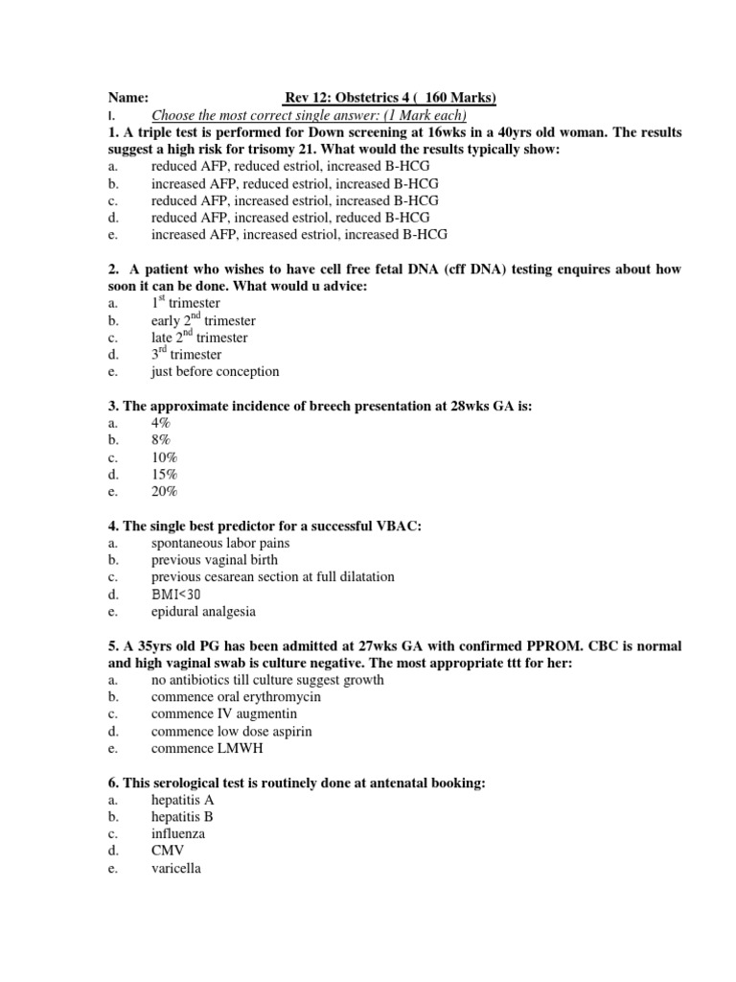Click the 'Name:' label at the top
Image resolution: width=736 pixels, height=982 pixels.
[127, 98]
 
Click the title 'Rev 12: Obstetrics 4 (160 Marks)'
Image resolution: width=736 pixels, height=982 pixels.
[390, 98]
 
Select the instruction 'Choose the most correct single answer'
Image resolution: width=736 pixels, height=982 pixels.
[309, 115]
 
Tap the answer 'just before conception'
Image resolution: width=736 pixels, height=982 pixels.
[215, 372]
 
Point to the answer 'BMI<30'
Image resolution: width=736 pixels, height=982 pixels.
[175, 595]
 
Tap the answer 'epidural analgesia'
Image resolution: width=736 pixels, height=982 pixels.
[203, 612]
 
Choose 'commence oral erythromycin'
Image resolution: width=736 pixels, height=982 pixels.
[236, 697]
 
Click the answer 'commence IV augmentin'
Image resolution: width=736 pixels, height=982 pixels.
[223, 714]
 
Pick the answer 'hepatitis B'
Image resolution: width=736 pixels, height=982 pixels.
[182, 817]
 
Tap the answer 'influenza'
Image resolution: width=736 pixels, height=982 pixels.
[178, 834]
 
